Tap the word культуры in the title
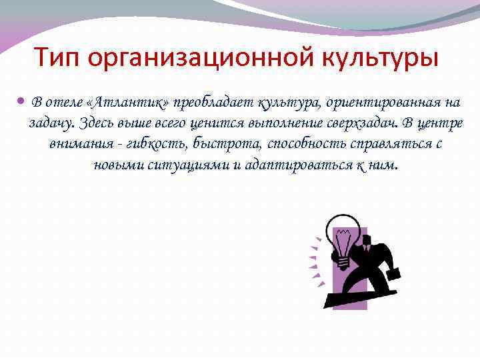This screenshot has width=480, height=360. coord(377,59)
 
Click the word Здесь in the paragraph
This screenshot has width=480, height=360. coord(97,123)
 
